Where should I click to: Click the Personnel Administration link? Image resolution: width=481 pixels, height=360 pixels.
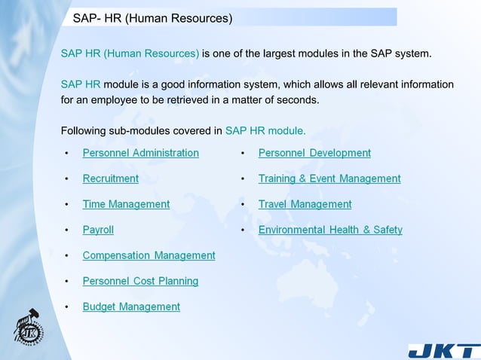tap(140, 153)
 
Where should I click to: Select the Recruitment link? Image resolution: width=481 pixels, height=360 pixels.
tap(110, 178)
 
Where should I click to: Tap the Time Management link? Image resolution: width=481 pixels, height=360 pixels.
tap(126, 204)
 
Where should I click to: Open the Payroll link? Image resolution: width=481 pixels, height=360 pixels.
tap(98, 230)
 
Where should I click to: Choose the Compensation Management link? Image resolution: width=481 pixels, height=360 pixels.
tap(149, 255)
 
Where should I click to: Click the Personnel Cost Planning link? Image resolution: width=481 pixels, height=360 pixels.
tap(140, 281)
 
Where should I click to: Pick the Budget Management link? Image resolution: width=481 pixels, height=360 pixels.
tap(131, 307)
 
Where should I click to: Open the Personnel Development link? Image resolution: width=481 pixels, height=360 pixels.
tap(314, 153)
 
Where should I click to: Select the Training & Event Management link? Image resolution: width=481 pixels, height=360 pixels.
tap(329, 178)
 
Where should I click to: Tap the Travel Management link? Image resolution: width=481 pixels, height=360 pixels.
tap(305, 204)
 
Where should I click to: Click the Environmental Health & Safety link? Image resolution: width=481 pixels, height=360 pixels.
tap(330, 230)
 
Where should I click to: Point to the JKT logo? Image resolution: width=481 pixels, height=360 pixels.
tap(443, 351)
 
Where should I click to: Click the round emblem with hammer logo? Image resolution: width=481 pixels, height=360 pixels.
tap(29, 327)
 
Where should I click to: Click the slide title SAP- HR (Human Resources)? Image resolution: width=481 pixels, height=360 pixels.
tap(152, 17)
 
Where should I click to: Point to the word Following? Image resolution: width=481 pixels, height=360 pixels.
tap(83, 130)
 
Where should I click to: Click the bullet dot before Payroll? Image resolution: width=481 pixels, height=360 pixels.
tap(66, 230)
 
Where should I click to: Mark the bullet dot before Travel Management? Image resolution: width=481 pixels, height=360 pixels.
tap(242, 204)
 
